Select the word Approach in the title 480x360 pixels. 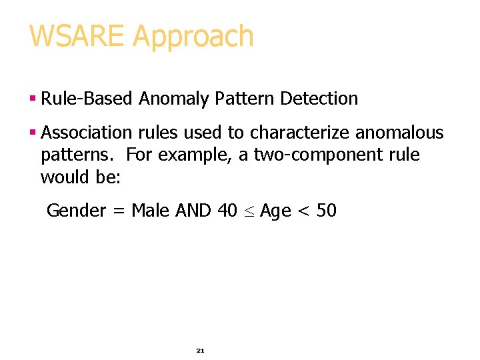193,37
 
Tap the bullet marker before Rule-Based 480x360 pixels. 32,99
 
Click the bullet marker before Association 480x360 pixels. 32,133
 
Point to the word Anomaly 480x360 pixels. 174,99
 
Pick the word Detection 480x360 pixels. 319,99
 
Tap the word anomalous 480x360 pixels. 399,133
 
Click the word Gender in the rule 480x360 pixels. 76,211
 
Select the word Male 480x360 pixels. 151,211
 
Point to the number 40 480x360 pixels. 227,211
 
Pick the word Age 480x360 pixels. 275,212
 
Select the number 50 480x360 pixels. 327,211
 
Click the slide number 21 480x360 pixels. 200,350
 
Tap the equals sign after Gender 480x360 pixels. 119,212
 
